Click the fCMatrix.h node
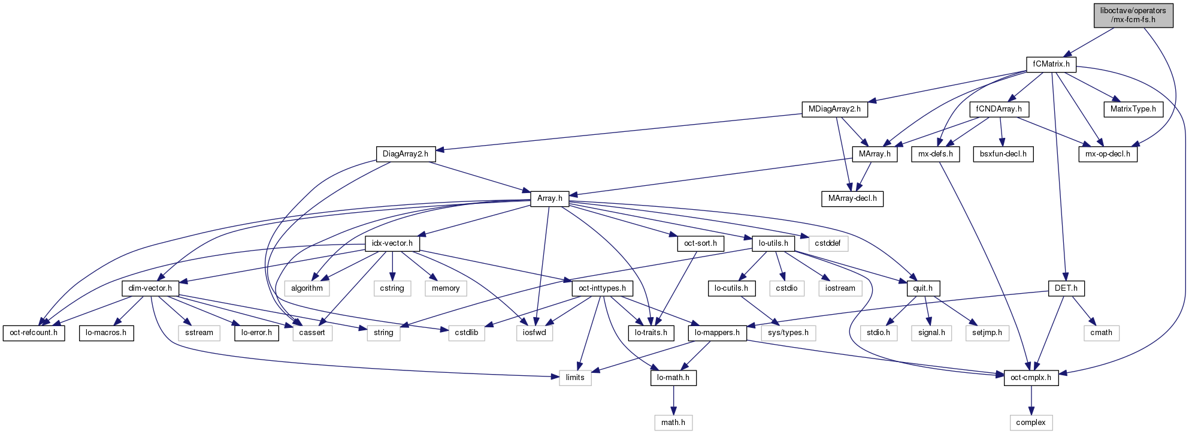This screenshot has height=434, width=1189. pos(1051,64)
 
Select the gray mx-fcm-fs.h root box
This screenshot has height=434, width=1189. pos(1133,15)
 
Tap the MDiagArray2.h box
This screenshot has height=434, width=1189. pos(834,109)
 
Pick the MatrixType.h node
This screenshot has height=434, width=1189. pos(1133,109)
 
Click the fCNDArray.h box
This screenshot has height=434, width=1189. pos(999,109)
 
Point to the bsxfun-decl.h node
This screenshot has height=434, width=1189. pos(1003,154)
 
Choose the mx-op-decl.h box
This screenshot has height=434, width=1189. pos(1108,154)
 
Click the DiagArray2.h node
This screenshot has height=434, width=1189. pos(406,154)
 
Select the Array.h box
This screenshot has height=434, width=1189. pos(549,198)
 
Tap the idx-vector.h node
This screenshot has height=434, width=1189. pos(392,243)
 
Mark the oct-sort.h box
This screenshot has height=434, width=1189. pos(700,243)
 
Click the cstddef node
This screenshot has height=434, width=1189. pos(828,243)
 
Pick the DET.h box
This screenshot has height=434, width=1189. pos(1066,288)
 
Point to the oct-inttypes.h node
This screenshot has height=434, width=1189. pos(602,288)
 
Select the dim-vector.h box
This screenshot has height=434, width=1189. pos(150,288)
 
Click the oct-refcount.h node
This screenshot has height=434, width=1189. pos(34,333)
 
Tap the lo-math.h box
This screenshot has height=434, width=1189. pos(673,378)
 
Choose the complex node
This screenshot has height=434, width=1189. pos(1031,423)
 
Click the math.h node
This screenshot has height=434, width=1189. pos(673,423)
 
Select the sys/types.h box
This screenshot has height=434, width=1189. pos(788,333)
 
